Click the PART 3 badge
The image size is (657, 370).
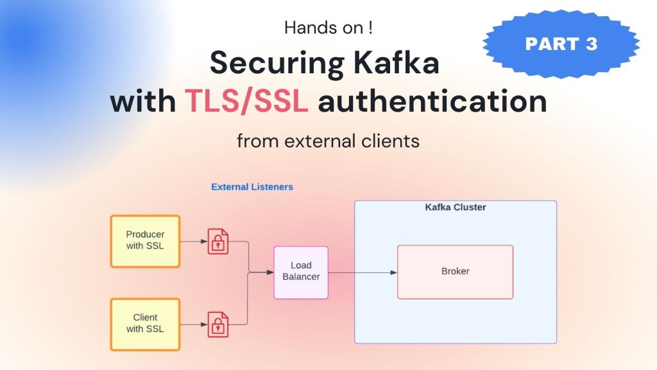(x=561, y=44)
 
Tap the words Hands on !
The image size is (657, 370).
(x=328, y=28)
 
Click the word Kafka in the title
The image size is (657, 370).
(x=397, y=62)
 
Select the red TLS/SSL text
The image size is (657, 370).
(x=246, y=101)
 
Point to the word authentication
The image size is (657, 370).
(x=432, y=101)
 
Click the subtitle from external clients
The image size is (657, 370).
(x=328, y=141)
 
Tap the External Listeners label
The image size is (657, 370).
(x=252, y=187)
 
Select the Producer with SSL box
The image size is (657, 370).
(x=145, y=242)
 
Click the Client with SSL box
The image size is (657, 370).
(x=145, y=324)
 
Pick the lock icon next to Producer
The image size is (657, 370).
(x=218, y=242)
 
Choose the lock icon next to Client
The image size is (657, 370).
(x=218, y=324)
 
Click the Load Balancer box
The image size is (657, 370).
(x=301, y=272)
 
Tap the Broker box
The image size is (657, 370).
(x=455, y=272)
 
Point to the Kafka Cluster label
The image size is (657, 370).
(x=456, y=207)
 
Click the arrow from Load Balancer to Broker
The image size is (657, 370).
(x=363, y=272)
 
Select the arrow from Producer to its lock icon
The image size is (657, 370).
(x=194, y=242)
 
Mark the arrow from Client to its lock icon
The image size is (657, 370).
(x=194, y=324)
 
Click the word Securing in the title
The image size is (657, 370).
(x=277, y=62)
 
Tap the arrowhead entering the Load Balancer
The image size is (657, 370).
(x=270, y=272)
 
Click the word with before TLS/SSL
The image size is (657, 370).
(x=143, y=101)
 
